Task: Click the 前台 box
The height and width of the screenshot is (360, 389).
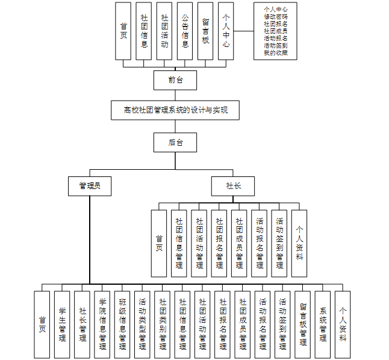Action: (175, 79)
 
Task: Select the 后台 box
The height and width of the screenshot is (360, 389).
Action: (175, 143)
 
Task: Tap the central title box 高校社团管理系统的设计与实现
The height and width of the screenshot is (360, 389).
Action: (175, 110)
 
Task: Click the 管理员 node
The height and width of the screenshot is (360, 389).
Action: (89, 186)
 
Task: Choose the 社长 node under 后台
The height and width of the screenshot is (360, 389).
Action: (233, 186)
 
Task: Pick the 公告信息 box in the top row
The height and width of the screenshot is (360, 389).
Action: (185, 31)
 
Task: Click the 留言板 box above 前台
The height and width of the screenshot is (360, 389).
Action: (205, 31)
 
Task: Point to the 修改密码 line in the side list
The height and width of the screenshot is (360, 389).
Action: (275, 17)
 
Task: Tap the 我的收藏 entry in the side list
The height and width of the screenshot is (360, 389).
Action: (275, 53)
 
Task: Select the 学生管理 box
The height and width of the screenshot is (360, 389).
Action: (62, 324)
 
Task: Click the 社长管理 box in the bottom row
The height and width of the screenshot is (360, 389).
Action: (82, 324)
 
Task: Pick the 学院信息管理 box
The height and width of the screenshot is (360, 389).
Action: (102, 324)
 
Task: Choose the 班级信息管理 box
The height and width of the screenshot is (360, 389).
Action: (122, 324)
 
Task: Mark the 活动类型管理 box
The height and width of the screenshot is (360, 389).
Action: (142, 324)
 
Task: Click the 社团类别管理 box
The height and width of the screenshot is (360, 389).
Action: (163, 324)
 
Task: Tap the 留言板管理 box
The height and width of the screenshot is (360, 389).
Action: (303, 324)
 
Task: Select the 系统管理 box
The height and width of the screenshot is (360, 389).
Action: (323, 324)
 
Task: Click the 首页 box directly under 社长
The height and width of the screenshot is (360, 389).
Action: (159, 243)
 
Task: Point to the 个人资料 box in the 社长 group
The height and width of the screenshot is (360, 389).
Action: (299, 243)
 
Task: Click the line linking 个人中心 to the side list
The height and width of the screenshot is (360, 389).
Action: (243, 31)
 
